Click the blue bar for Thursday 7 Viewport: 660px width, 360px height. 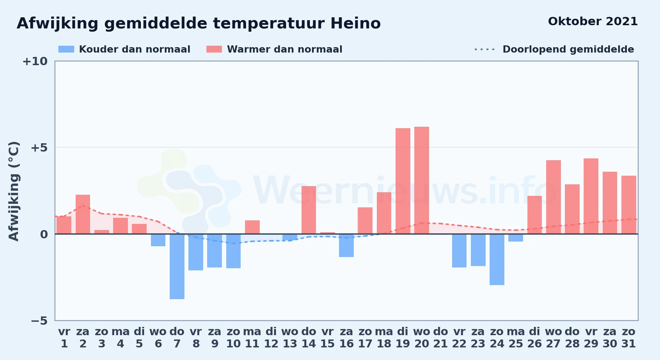177,266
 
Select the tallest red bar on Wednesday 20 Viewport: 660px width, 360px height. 422,180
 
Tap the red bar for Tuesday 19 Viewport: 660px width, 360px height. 403,181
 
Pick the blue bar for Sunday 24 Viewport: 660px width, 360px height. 497,260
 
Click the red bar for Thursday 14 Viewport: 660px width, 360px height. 309,210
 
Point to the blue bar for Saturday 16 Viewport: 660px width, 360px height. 346,246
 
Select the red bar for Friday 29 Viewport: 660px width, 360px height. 591,196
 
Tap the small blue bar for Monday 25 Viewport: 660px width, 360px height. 516,238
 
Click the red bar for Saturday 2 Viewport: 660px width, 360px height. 83,214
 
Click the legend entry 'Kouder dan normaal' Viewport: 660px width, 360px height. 124,49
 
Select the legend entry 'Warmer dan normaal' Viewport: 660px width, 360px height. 274,49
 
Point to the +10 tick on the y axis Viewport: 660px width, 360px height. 35,61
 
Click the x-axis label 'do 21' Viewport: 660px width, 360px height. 440,338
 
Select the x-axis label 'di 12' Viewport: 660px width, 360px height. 271,338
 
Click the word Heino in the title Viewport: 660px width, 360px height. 356,23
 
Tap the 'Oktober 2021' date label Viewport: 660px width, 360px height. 593,21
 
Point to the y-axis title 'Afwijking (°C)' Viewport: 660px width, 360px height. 14,191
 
